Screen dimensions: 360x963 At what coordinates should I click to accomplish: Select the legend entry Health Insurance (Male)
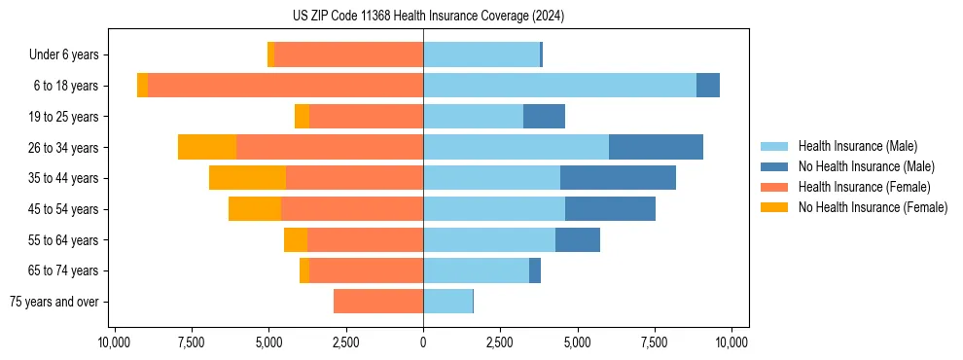point(857,146)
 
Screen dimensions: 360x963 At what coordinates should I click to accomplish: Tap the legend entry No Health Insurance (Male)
point(866,166)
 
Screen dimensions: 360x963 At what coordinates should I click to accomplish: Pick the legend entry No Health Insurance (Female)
point(873,207)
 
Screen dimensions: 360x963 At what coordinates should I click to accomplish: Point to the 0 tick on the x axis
point(423,342)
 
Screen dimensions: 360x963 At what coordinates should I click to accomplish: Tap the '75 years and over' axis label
point(54,302)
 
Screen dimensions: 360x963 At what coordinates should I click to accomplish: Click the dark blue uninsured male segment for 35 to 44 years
point(618,178)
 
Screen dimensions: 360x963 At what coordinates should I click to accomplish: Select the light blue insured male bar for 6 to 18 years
point(559,86)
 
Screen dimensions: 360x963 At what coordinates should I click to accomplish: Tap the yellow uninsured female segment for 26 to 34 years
point(207,147)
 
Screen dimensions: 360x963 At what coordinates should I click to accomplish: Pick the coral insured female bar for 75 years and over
point(378,302)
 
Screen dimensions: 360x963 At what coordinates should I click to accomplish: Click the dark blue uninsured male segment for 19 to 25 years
point(544,117)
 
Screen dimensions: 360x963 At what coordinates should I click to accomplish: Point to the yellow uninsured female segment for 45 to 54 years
point(255,209)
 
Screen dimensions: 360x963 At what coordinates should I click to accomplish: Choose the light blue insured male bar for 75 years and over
point(447,302)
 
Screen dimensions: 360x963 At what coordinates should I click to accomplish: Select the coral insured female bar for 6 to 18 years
point(285,86)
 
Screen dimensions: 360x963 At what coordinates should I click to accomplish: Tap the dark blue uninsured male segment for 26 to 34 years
point(656,147)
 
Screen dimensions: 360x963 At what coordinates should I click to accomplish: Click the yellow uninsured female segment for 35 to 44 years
point(247,178)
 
